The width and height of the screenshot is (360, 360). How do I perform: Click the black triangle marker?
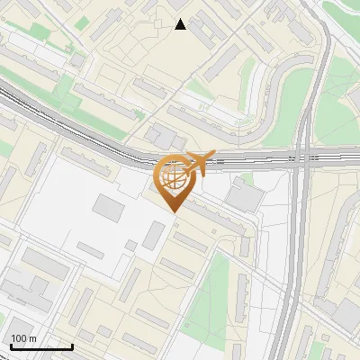click(x=181, y=24)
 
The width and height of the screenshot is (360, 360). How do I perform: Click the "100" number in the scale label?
click(x=19, y=338)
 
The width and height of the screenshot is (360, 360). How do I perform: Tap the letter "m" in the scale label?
click(x=32, y=338)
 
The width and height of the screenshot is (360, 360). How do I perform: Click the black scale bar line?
click(x=41, y=346)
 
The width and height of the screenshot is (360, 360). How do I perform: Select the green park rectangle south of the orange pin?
click(x=212, y=288)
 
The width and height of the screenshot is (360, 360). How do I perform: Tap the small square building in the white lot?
click(x=131, y=245)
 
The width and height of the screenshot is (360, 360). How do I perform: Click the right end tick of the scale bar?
click(x=71, y=346)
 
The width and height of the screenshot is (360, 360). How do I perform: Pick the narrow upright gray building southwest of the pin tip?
click(x=153, y=235)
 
